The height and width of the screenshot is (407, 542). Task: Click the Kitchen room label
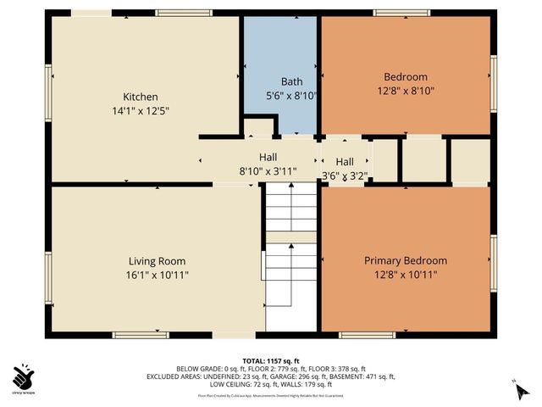pyautogui.click(x=141, y=97)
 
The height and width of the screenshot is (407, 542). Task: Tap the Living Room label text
pyautogui.click(x=157, y=261)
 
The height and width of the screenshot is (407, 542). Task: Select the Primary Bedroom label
pyautogui.click(x=405, y=260)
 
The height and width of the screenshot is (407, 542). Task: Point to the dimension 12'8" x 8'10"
pyautogui.click(x=405, y=90)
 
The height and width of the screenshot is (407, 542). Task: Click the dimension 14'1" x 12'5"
pyautogui.click(x=141, y=110)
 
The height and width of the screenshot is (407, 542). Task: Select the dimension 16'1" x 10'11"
pyautogui.click(x=157, y=275)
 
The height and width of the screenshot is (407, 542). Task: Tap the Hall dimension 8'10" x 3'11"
pyautogui.click(x=268, y=170)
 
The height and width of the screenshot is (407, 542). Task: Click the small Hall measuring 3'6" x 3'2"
pyautogui.click(x=344, y=162)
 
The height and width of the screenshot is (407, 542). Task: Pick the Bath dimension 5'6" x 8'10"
pyautogui.click(x=280, y=96)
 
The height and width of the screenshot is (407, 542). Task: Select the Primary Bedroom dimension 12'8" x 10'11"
pyautogui.click(x=405, y=274)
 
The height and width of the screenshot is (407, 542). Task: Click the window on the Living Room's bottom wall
pyautogui.click(x=141, y=335)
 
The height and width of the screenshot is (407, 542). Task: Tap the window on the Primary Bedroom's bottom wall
pyautogui.click(x=367, y=335)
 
